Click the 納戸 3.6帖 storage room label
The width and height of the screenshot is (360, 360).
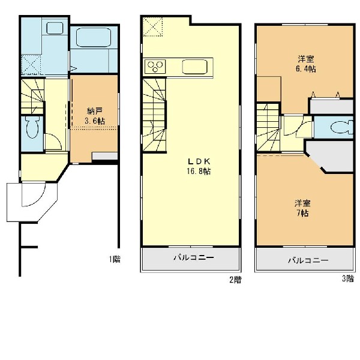click(x=95, y=116)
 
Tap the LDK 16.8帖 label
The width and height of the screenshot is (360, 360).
click(x=199, y=166)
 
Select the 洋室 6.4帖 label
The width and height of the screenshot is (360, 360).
click(x=305, y=64)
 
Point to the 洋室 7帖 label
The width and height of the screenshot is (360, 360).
click(x=302, y=208)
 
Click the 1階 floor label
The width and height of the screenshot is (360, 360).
click(x=115, y=259)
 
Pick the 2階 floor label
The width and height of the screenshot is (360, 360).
click(x=236, y=280)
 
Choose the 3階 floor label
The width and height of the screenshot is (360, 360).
click(x=348, y=278)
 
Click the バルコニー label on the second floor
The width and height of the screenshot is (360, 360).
click(x=194, y=257)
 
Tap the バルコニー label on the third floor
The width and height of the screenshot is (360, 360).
click(x=308, y=260)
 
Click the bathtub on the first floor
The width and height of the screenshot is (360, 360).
click(x=93, y=37)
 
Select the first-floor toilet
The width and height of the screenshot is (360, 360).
click(x=32, y=127)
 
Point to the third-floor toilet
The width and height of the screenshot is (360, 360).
click(x=341, y=127)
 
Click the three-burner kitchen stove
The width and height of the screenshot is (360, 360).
click(x=155, y=67)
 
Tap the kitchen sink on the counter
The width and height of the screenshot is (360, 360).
click(x=194, y=67)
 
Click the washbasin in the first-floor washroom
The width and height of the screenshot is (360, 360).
click(x=55, y=28)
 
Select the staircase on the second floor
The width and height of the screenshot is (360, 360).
click(x=154, y=115)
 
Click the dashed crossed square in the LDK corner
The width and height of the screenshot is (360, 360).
click(x=152, y=26)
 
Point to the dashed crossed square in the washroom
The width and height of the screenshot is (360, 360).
click(x=31, y=65)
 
